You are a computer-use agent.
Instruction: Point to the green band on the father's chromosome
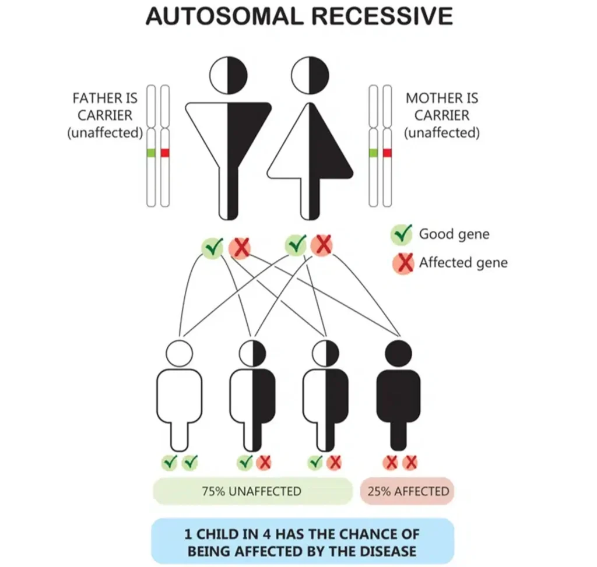point(150,153)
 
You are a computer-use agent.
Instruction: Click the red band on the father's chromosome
point(164,153)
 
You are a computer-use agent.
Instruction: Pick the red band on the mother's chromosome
point(387,153)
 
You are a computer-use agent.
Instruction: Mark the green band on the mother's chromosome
point(373,153)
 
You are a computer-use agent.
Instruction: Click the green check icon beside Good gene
point(402,235)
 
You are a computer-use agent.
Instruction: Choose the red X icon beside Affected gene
point(402,262)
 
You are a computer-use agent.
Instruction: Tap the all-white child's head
point(178,353)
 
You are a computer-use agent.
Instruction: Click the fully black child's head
point(399,353)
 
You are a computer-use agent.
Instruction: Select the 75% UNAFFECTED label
point(252,491)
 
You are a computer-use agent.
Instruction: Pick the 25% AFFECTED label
point(408,491)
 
